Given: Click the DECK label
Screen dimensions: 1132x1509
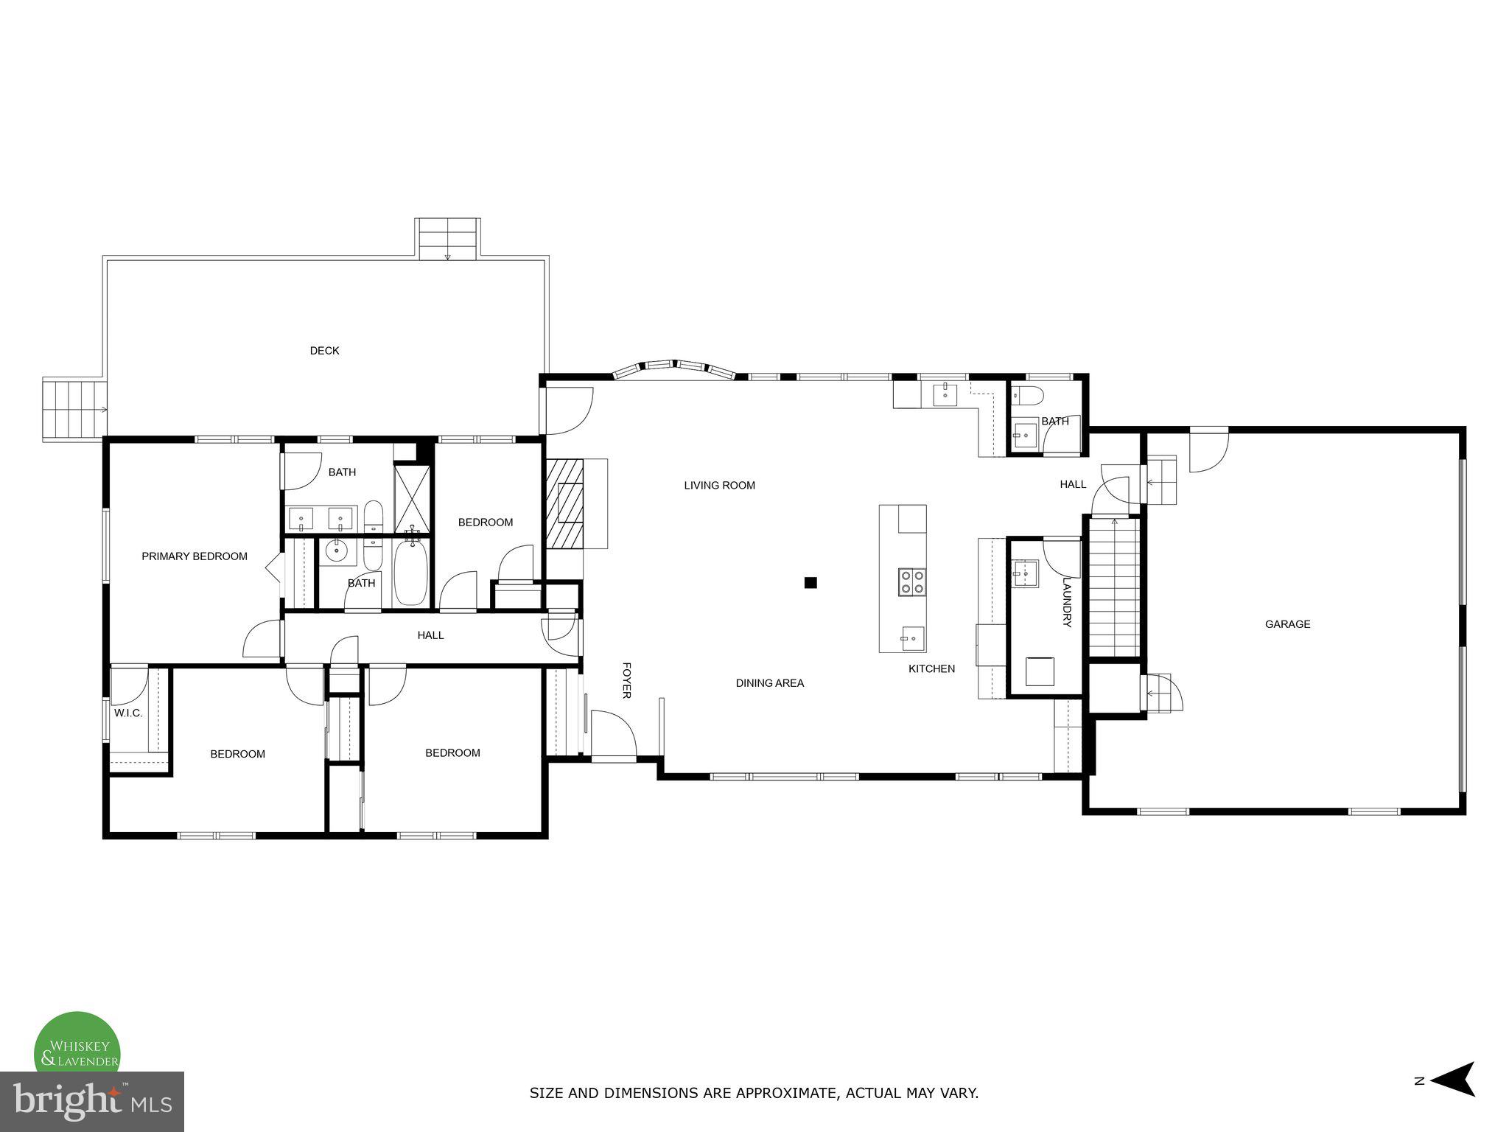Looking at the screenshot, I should coord(324,351).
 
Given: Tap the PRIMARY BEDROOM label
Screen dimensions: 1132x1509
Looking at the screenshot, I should coord(195,556).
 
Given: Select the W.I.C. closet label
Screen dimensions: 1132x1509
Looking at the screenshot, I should coord(128,713).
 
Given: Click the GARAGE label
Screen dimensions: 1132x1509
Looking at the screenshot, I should coord(1287,624).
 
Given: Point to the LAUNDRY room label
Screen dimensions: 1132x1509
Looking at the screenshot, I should coord(1065,601).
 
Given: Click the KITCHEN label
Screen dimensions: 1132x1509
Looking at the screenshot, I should coord(931,669).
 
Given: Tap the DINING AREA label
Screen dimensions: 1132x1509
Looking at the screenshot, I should coord(769,683).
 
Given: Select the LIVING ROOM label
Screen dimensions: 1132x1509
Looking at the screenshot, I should coord(719,486).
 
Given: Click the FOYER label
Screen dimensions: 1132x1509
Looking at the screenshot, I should coord(627,679).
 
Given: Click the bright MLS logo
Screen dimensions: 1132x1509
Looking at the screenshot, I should coord(91,1101).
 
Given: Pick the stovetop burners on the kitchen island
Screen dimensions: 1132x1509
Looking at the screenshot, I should coord(911,581).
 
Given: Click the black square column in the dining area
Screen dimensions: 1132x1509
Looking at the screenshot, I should coord(810,582).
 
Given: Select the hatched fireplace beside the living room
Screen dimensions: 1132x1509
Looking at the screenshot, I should coord(564,503).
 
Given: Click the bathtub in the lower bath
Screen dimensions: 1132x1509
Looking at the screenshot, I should coord(410,573).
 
